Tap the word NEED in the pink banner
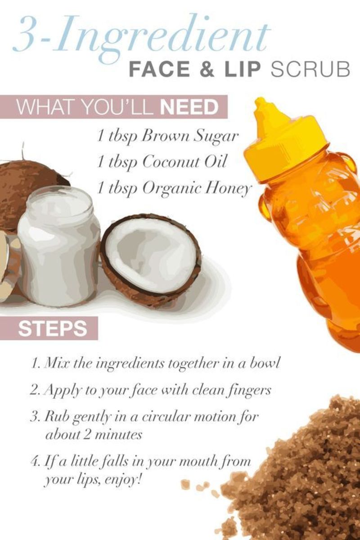coord(189,108)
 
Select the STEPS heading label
coord(53,329)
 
